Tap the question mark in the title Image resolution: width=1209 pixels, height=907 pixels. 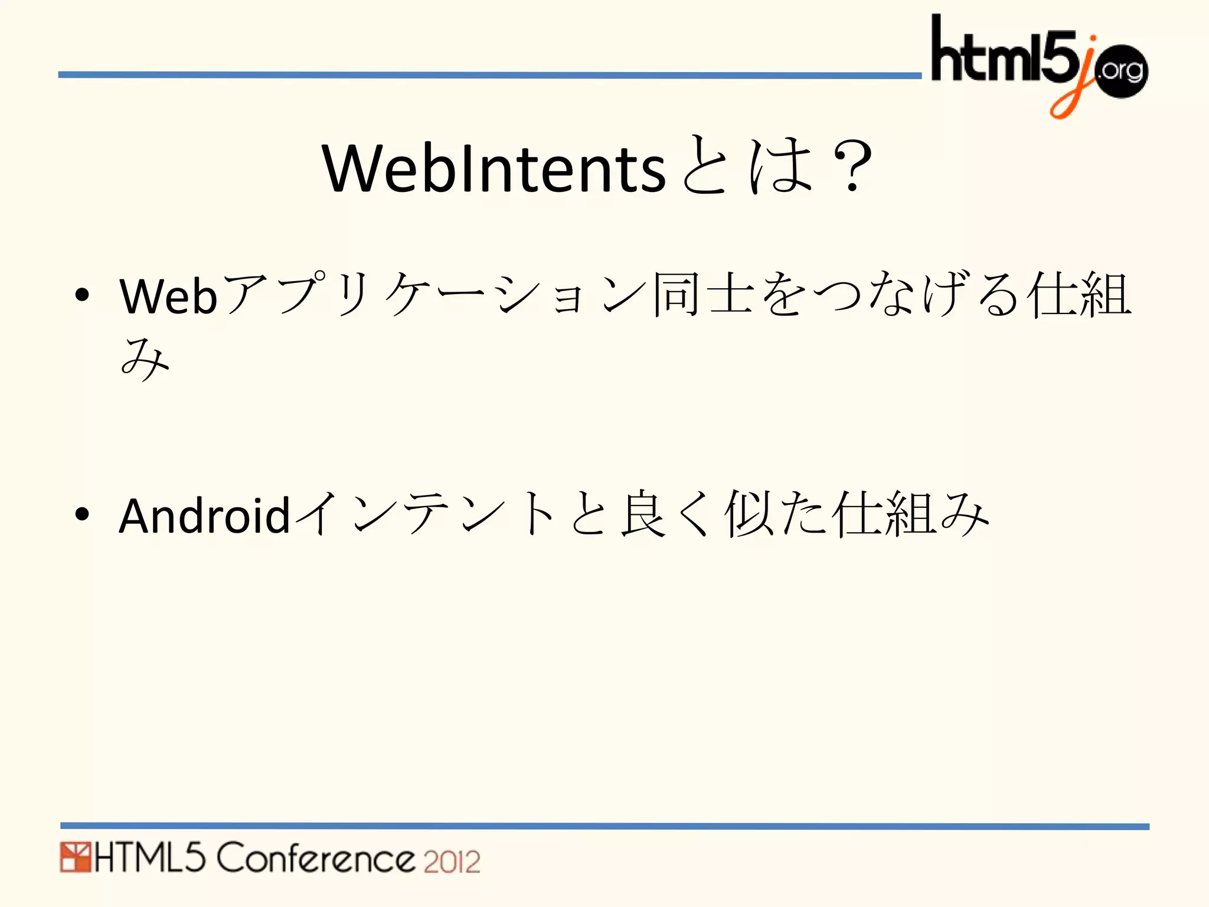point(850,167)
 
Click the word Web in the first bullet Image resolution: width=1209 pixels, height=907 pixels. point(169,296)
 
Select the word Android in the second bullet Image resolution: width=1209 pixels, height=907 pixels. point(204,516)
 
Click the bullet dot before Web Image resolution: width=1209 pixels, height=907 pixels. point(82,294)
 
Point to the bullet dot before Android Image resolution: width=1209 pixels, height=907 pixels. point(82,514)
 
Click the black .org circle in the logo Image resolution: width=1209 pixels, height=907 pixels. point(1120,71)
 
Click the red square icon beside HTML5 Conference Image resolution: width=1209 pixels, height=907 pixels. point(75,857)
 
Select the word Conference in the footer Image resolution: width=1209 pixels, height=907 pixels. point(316,858)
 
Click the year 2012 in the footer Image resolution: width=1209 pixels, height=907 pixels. point(452,862)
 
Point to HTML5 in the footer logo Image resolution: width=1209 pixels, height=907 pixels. point(150,858)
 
